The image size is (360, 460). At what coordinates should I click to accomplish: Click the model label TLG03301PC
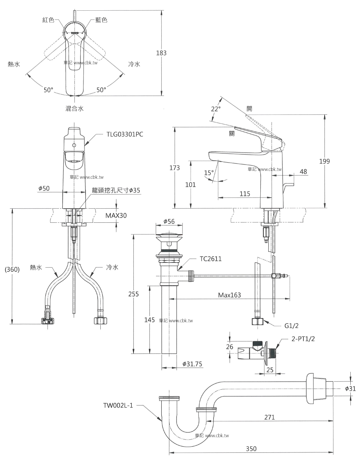pyautogui.click(x=125, y=134)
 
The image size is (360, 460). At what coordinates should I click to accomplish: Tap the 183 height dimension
pyautogui.click(x=161, y=53)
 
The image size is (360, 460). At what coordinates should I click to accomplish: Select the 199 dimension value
pyautogui.click(x=324, y=161)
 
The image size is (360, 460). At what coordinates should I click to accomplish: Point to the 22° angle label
pyautogui.click(x=216, y=109)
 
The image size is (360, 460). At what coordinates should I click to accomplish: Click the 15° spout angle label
pyautogui.click(x=209, y=173)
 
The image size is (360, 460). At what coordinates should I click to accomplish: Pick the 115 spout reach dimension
pyautogui.click(x=245, y=194)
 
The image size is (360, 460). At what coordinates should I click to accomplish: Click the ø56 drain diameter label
pyautogui.click(x=169, y=221)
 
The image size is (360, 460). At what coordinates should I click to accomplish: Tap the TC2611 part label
pyautogui.click(x=211, y=259)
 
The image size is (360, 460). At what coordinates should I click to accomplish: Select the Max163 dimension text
pyautogui.click(x=229, y=295)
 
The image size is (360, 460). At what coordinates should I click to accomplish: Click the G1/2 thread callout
pyautogui.click(x=291, y=326)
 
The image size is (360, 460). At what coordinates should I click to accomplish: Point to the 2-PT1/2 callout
pyautogui.click(x=303, y=339)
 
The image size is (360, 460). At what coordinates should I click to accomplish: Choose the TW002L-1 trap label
pyautogui.click(x=118, y=406)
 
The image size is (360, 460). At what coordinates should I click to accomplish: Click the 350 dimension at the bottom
pyautogui.click(x=251, y=449)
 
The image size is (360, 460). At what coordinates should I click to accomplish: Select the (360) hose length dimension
pyautogui.click(x=12, y=269)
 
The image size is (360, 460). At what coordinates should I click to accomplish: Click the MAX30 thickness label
pyautogui.click(x=116, y=216)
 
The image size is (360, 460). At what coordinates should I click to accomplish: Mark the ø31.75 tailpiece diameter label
pyautogui.click(x=192, y=364)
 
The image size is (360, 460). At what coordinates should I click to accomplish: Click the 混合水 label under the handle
pyautogui.click(x=74, y=109)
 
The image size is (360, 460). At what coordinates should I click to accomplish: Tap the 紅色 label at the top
pyautogui.click(x=49, y=20)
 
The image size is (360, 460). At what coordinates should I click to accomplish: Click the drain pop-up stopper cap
pyautogui.click(x=169, y=234)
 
